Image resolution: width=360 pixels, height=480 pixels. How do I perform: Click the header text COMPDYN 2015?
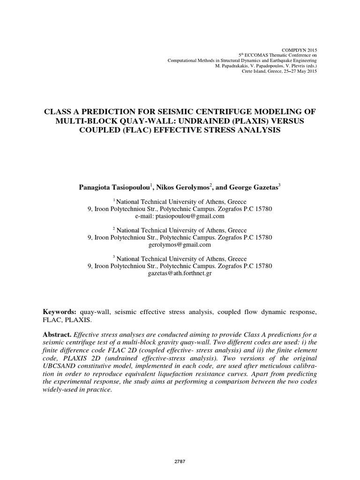pyautogui.click(x=300, y=50)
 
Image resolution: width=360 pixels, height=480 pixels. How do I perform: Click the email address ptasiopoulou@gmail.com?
pyautogui.click(x=180, y=216)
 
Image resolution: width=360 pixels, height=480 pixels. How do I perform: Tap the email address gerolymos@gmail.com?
pyautogui.click(x=180, y=245)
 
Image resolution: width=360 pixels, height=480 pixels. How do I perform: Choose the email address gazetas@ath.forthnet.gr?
pyautogui.click(x=180, y=273)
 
